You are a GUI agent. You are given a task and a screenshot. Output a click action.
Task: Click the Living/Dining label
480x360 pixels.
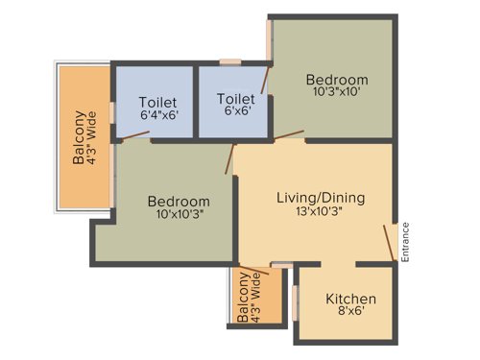[321, 198]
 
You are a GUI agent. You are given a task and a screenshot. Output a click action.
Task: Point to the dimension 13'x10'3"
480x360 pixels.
[321, 213]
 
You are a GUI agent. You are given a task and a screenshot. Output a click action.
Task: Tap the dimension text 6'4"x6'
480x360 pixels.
[157, 114]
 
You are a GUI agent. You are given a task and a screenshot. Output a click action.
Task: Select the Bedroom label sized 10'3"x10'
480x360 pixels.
[337, 79]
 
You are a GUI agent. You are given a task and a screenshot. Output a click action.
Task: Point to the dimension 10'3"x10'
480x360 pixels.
[337, 93]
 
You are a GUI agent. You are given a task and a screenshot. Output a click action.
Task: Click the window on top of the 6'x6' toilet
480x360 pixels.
[229, 63]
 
